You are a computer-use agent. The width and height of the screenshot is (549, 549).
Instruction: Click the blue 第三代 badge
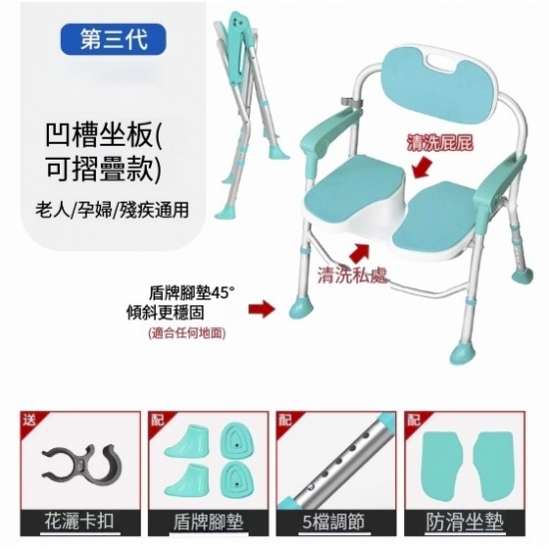(x=113, y=39)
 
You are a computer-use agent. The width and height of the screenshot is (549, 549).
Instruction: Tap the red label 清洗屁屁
(x=440, y=143)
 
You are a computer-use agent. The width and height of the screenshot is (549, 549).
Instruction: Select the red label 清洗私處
(x=352, y=274)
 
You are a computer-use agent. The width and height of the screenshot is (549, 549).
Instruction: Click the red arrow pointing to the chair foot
(x=262, y=308)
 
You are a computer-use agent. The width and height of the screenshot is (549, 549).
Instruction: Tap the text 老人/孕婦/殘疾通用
(x=112, y=210)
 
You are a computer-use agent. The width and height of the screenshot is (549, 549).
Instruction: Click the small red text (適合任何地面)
(x=187, y=332)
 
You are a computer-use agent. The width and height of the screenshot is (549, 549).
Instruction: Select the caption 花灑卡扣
(x=80, y=522)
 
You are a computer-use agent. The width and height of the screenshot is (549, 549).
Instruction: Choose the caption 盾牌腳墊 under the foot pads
(x=209, y=523)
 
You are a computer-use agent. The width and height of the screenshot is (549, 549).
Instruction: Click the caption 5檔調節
(x=333, y=522)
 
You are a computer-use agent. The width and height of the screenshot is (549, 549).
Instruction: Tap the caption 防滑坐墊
(x=464, y=523)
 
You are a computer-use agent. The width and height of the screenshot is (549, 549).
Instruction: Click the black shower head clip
(x=82, y=462)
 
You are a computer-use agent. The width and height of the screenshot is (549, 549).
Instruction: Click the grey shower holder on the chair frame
(x=351, y=102)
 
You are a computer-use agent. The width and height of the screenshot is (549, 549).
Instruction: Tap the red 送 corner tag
(x=29, y=420)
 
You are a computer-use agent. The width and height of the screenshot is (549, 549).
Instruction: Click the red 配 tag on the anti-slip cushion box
(x=413, y=420)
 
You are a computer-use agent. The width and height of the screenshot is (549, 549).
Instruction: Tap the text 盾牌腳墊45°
(x=192, y=293)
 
